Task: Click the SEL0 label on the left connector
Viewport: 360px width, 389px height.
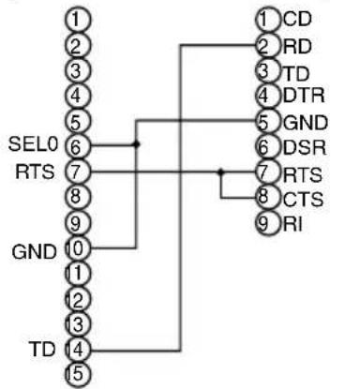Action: [x=33, y=144]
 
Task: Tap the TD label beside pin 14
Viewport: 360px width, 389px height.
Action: [x=42, y=349]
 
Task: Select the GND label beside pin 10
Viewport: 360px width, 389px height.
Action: [x=34, y=252]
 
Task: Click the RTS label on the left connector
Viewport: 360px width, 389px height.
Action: [x=35, y=172]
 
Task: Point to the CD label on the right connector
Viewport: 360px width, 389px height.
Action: [x=297, y=19]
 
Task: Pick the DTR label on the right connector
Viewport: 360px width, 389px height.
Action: [x=304, y=96]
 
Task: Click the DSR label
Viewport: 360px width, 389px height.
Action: [x=305, y=147]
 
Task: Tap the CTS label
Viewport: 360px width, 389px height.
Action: [x=303, y=199]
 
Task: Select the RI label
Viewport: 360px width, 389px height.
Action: [x=292, y=224]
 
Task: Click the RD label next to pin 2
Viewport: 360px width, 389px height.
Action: [x=297, y=47]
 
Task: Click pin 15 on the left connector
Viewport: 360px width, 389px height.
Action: [x=78, y=374]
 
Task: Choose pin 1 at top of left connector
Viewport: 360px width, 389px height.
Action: [x=78, y=20]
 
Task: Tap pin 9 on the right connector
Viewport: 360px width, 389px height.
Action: [x=268, y=223]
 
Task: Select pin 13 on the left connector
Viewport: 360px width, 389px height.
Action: [x=78, y=324]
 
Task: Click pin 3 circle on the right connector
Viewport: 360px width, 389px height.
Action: [x=268, y=70]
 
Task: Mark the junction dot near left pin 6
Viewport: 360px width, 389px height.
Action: [x=136, y=144]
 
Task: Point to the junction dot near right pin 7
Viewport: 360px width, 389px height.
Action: [x=221, y=172]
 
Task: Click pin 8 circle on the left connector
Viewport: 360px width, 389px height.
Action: [x=78, y=196]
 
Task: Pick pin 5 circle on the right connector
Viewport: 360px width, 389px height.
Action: [x=268, y=122]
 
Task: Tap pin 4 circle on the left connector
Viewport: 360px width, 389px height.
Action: [x=78, y=96]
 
